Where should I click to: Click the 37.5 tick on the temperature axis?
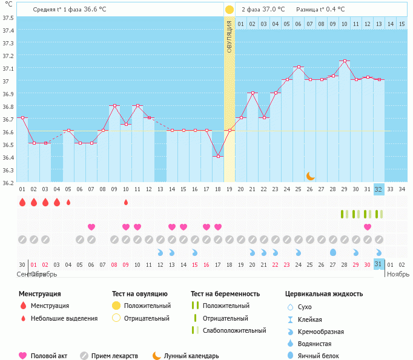[x=8, y=18]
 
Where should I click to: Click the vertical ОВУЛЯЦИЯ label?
[x=230, y=37]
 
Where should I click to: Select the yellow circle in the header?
[x=230, y=10]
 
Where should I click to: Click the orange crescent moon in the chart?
[x=310, y=175]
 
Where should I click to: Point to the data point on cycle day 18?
[x=218, y=156]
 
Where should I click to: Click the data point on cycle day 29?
[x=345, y=61]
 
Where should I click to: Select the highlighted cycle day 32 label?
[x=379, y=189]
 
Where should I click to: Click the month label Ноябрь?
[x=398, y=274]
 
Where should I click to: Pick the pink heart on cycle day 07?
[x=91, y=227]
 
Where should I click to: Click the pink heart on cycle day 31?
[x=368, y=227]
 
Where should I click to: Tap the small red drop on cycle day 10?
[x=126, y=202]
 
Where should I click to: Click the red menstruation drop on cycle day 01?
[x=22, y=202]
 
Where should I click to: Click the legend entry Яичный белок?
[x=323, y=356]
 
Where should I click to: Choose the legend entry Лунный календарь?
[x=195, y=356]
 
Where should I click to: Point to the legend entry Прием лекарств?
[x=114, y=356]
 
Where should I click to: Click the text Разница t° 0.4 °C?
[x=320, y=10]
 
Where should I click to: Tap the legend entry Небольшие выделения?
[x=64, y=318]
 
